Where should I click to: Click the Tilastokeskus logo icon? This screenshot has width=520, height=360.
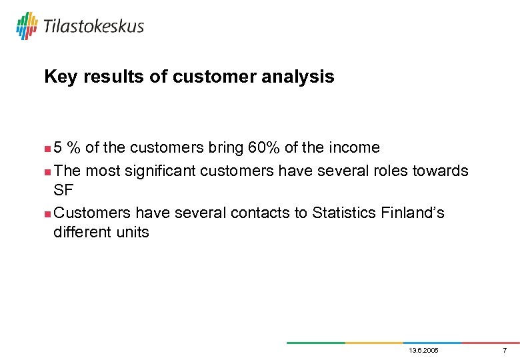[27, 26]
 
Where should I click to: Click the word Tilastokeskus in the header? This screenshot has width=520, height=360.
[93, 27]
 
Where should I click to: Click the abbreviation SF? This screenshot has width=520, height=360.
[63, 190]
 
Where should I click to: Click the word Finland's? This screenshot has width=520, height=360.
[413, 213]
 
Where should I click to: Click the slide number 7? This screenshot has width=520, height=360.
[505, 351]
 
